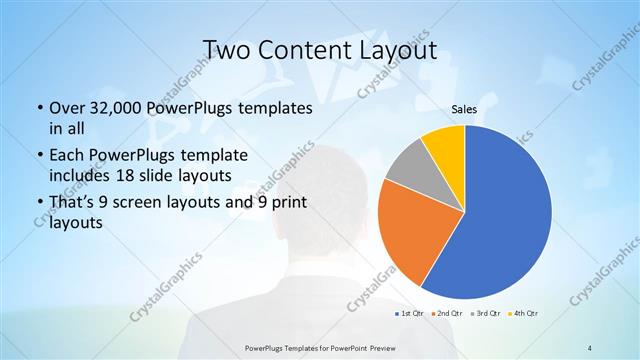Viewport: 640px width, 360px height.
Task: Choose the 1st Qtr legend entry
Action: click(x=409, y=315)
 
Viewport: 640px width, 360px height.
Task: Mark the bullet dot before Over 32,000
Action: click(x=38, y=108)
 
